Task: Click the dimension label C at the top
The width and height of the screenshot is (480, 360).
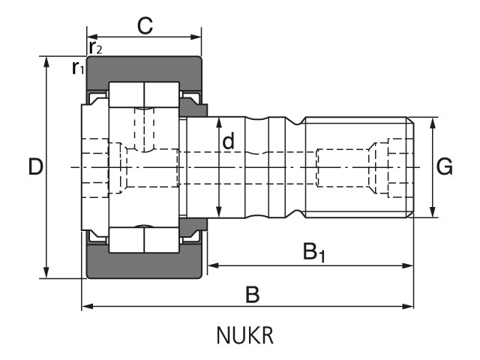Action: tap(145, 25)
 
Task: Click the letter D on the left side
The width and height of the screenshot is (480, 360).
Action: tap(35, 166)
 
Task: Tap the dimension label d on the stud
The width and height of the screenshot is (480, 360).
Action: tap(228, 141)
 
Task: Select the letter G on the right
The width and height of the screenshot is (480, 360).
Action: tap(444, 166)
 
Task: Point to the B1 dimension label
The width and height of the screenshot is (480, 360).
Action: tap(313, 252)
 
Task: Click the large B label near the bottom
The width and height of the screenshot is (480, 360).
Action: tap(253, 295)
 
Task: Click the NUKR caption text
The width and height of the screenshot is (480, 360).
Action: tap(245, 335)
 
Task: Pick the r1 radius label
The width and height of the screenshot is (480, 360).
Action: tap(78, 67)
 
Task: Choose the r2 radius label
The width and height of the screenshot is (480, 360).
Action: tap(95, 47)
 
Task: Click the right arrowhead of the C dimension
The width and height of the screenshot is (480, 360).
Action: tap(196, 37)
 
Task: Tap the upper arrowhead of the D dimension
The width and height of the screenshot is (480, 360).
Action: tap(46, 61)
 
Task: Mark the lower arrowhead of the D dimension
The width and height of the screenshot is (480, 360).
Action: tap(46, 273)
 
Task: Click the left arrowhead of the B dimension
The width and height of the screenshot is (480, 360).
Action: tap(88, 306)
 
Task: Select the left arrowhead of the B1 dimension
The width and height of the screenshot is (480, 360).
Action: tap(213, 265)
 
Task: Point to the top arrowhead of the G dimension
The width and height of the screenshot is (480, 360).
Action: tap(433, 122)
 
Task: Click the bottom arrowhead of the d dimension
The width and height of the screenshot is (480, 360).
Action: tap(219, 212)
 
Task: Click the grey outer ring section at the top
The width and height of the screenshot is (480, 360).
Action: tap(144, 69)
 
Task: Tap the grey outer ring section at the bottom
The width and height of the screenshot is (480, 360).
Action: tap(144, 265)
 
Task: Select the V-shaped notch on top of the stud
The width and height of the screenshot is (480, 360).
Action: tap(295, 121)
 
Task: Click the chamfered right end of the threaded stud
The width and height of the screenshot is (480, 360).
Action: tap(411, 167)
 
